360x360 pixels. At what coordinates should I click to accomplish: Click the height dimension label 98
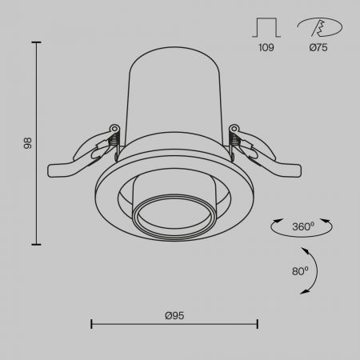coord(27,143)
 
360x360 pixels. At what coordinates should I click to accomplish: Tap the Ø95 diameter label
coord(174,315)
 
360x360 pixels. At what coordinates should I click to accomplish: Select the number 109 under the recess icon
coord(266,47)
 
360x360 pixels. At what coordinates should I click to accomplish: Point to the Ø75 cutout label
coord(318,47)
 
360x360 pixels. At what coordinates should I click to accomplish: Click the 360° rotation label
coord(303,226)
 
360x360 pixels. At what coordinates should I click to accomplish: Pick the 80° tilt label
coord(300,271)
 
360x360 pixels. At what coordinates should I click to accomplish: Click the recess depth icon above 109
coord(266,27)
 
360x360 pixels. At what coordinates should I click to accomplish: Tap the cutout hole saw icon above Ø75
coord(320,27)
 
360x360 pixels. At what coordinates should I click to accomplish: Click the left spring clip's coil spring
coord(114,139)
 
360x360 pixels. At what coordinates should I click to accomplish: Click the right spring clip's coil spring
coord(234,139)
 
